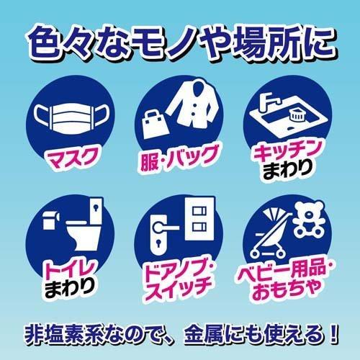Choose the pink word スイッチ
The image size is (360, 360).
pyautogui.click(x=180, y=286)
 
